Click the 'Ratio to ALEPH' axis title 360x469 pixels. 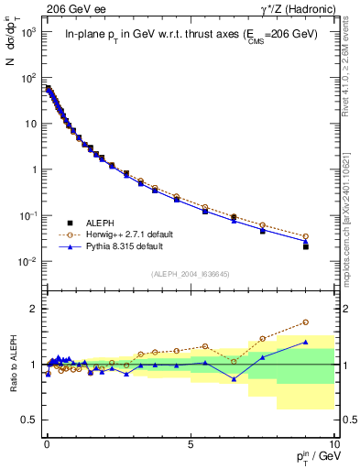pos(14,364)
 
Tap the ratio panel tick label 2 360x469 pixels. pos(33,309)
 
